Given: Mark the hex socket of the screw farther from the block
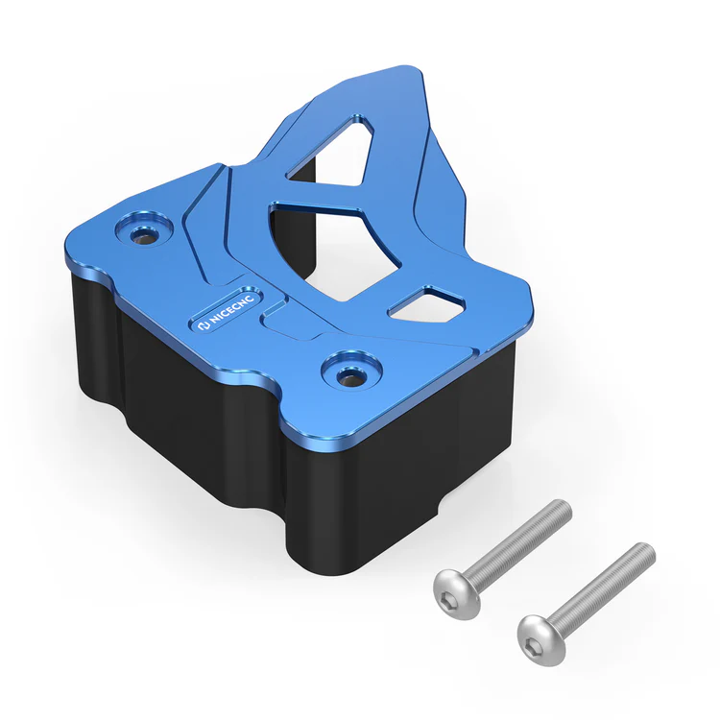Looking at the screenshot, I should (x=536, y=636).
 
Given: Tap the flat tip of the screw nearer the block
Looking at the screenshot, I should (x=565, y=506).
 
